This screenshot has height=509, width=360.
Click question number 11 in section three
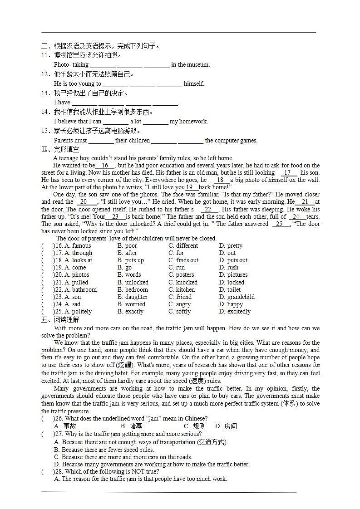pos(45,55)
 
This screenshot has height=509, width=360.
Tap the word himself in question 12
pos(194,84)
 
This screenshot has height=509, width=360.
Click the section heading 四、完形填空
pos(60,149)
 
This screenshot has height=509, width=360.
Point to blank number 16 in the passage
pos(105,166)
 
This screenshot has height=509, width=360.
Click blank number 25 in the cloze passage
pos(280,224)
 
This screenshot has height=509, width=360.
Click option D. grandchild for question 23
pos(237,297)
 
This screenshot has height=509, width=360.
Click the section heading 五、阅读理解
pos(60,320)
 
